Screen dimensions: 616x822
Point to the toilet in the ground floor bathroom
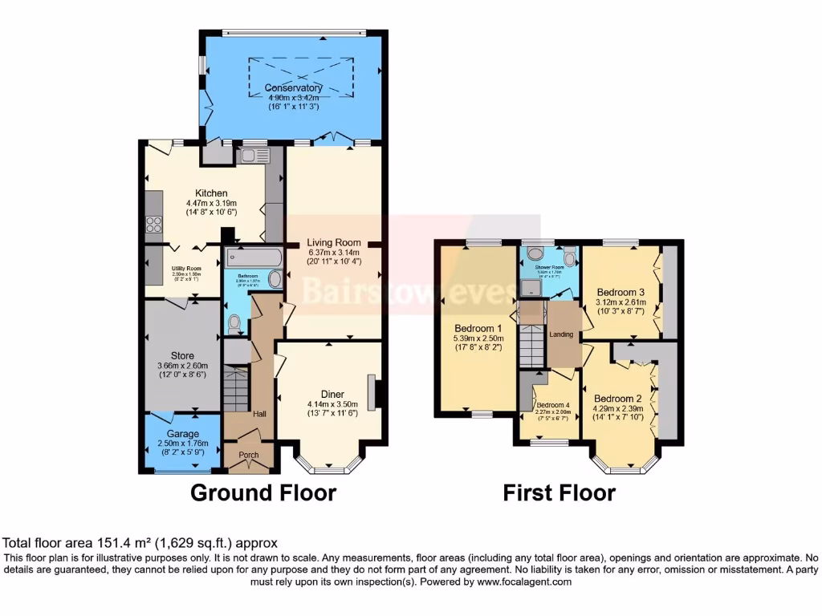pos(235,324)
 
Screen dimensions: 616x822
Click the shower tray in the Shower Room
pos(531,287)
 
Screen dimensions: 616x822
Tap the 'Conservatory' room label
pos(294,88)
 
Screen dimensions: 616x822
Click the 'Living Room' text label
pos(334,243)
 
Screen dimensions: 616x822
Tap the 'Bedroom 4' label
pos(553,406)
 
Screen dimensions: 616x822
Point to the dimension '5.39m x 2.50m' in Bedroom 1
pos(478,339)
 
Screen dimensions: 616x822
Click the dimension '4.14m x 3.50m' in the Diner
pos(332,404)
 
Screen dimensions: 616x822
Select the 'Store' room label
pos(182,356)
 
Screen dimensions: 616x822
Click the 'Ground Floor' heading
pos(262,492)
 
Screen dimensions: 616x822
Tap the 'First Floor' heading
pos(559,492)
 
